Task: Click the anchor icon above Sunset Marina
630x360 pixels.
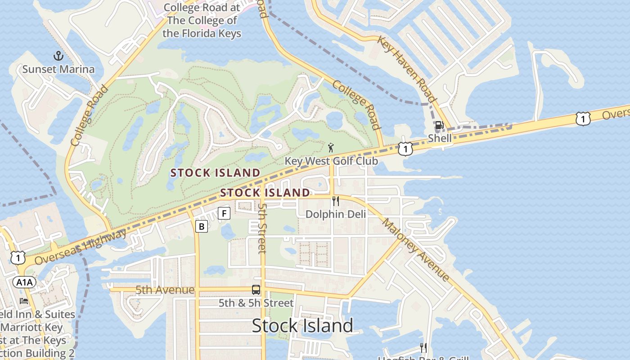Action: [x=58, y=56]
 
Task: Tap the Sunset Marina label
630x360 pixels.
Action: [x=58, y=69]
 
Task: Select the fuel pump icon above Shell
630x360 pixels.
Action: [x=439, y=125]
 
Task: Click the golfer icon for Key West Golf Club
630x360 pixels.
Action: [x=331, y=147]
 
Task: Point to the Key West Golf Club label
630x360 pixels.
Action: [x=331, y=161]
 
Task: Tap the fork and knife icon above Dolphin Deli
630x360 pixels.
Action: [x=335, y=201]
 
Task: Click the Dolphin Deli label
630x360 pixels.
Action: [x=335, y=214]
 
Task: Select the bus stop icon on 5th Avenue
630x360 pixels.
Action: [x=256, y=290]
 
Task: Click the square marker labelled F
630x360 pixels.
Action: [x=224, y=213]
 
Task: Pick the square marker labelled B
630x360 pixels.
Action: [x=202, y=226]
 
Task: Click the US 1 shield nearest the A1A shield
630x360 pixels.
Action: [x=18, y=258]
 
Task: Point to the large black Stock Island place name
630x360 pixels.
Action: [x=302, y=325]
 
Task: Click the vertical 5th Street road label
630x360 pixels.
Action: [x=262, y=228]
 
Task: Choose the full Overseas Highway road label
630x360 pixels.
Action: [x=81, y=247]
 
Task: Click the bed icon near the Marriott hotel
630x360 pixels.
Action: [x=24, y=301]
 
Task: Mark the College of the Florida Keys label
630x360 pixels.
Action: [x=202, y=20]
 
